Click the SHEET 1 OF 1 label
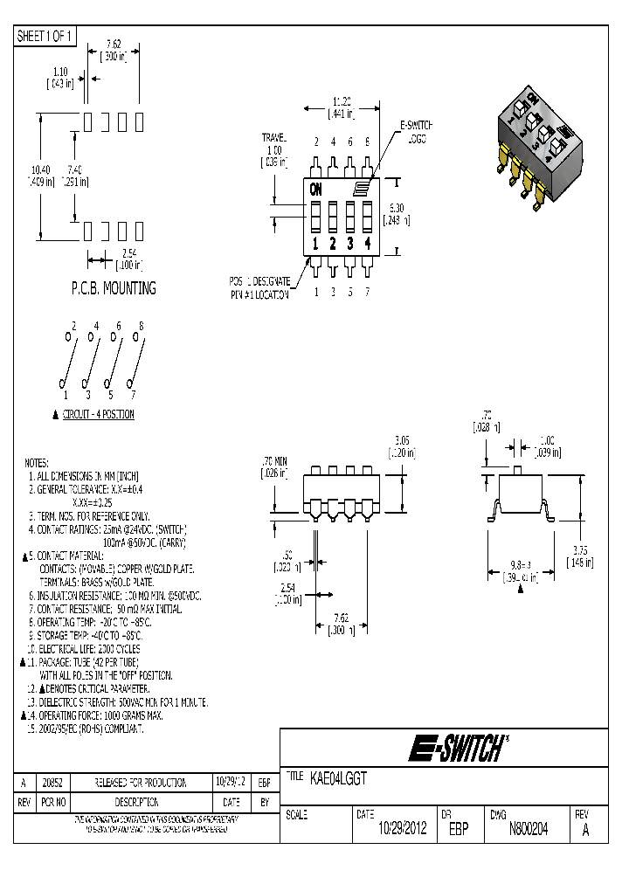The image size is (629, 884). pos(45,36)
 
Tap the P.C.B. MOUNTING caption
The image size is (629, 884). pos(113,287)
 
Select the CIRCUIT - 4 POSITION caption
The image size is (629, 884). pos(98,414)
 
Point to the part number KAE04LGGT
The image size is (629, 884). pos(339,776)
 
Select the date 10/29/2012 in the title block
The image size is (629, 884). pos(402,831)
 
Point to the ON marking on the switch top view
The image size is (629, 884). pos(315,188)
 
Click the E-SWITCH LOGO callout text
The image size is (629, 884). pos(417,132)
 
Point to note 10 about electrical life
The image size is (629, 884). pos(83,649)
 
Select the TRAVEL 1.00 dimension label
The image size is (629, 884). pos(275,149)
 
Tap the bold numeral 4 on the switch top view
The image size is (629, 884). pos(368,244)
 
